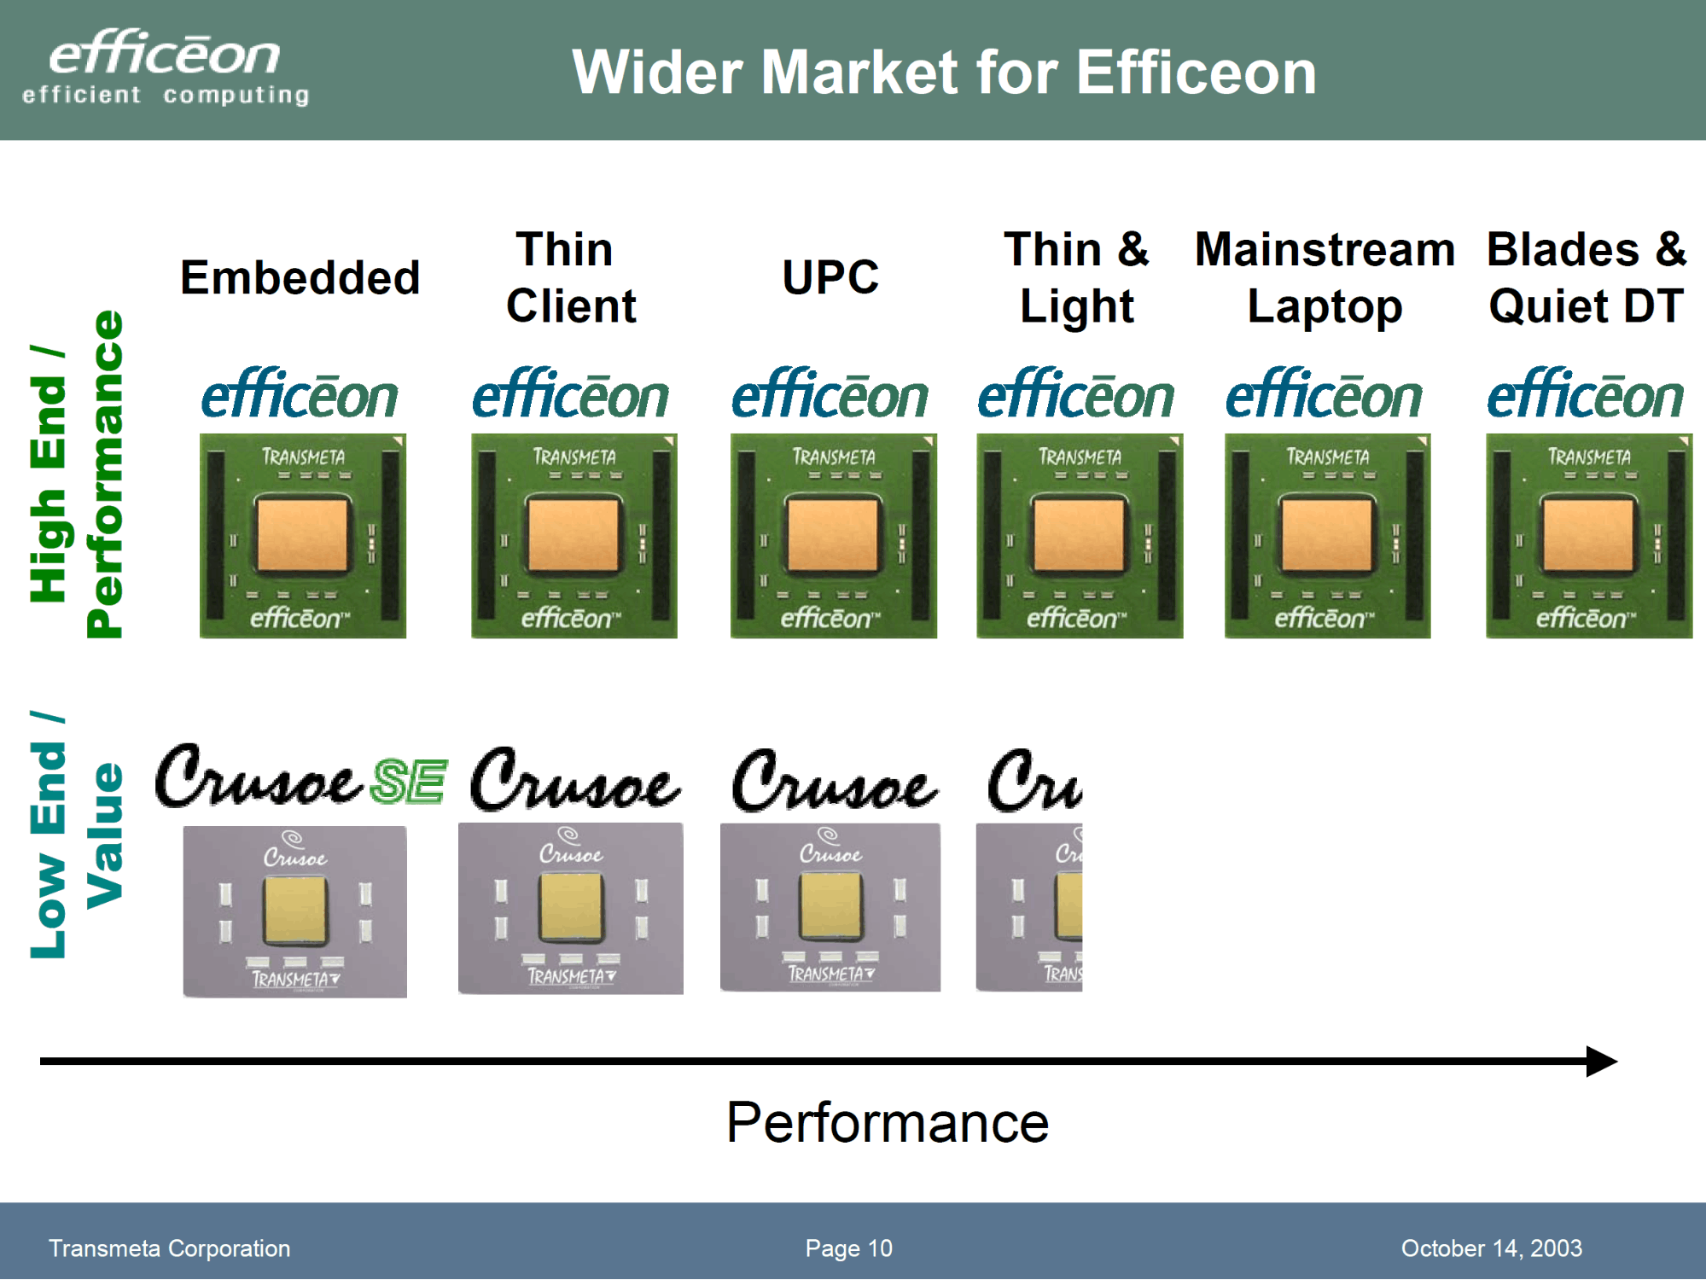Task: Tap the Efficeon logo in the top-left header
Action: (x=166, y=67)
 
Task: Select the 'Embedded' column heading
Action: (x=300, y=277)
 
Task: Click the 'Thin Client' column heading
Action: (x=570, y=277)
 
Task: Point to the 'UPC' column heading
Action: (x=830, y=277)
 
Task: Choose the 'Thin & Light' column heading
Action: (x=1077, y=278)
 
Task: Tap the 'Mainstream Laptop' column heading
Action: (x=1325, y=278)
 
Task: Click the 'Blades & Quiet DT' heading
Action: (x=1587, y=277)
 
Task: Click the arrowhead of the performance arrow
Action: (x=1602, y=1062)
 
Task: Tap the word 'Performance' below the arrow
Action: (x=888, y=1122)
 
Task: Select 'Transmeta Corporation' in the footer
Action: (x=169, y=1248)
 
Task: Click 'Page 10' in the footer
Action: (x=849, y=1248)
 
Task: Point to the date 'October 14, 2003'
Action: (x=1492, y=1248)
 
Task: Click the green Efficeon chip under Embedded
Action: (x=303, y=536)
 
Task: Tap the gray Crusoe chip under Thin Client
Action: (x=571, y=908)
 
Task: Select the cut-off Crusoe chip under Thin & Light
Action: (x=1029, y=907)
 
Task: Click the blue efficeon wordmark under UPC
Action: (x=830, y=393)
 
